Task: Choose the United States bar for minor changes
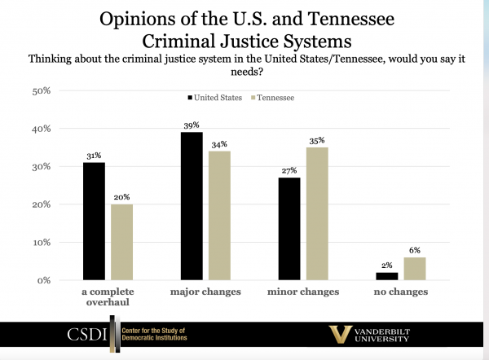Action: click(290, 229)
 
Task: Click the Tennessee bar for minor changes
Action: click(317, 213)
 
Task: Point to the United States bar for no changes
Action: click(387, 276)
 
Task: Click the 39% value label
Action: click(192, 125)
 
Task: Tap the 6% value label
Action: click(415, 250)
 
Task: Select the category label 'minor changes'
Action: click(304, 291)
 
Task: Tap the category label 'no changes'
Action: click(401, 291)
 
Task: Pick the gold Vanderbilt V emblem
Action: click(340, 335)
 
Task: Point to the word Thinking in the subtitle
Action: click(52, 59)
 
